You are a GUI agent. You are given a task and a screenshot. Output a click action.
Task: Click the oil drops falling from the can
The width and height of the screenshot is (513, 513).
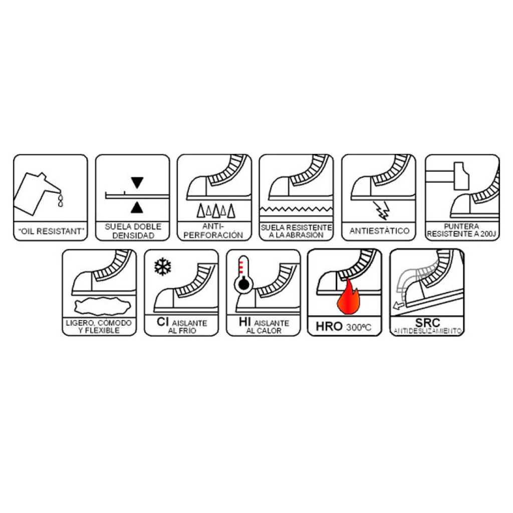(x=60, y=200)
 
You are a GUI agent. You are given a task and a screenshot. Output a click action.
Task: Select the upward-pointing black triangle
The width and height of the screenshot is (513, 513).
(x=137, y=207)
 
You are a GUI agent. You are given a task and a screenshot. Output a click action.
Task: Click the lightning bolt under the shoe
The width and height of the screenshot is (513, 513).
(x=382, y=210)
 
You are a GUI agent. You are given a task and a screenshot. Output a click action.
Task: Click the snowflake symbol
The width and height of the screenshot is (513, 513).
(x=163, y=267)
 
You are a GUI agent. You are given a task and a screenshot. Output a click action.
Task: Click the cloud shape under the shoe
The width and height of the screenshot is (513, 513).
(x=102, y=307)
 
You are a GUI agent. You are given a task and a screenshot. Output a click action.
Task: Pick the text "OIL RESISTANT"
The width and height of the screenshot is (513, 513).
(x=51, y=231)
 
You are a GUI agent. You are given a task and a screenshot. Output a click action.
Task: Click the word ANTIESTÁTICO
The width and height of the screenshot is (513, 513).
(x=380, y=230)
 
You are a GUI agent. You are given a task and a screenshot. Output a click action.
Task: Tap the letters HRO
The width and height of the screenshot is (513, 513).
(x=329, y=326)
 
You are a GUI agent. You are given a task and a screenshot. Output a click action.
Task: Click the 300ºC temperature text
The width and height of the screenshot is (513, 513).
(x=359, y=327)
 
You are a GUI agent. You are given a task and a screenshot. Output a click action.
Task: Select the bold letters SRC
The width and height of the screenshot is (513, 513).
(x=427, y=323)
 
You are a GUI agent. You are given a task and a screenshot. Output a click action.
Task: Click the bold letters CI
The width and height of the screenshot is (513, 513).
(x=163, y=322)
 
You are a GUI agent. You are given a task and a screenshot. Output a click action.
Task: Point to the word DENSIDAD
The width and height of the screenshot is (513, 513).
(x=133, y=235)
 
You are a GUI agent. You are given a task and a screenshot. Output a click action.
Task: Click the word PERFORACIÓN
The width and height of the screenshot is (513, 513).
(x=213, y=235)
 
